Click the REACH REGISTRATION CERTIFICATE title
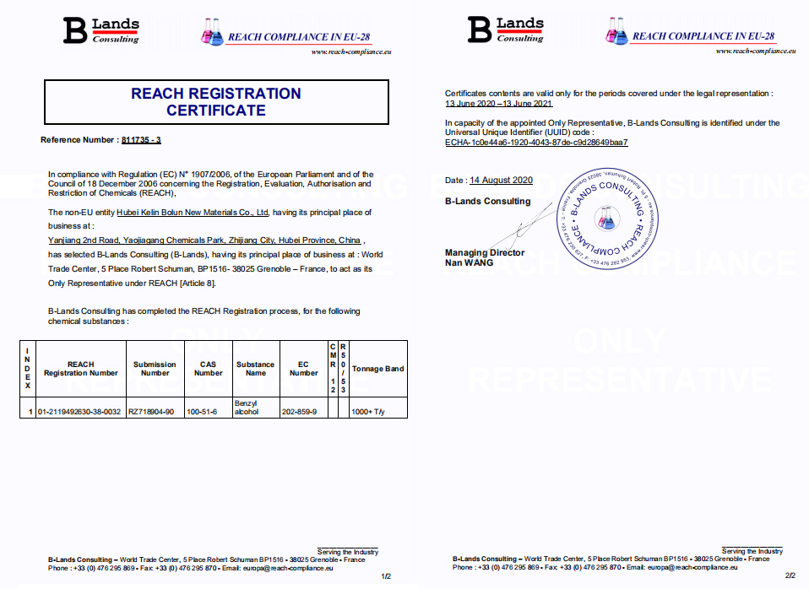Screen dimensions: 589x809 [216, 102]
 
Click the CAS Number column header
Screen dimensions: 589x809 [209, 369]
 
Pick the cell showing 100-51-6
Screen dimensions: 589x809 [203, 412]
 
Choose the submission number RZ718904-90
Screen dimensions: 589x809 [151, 412]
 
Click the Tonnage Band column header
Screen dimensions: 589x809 [378, 369]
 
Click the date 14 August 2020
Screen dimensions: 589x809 [502, 180]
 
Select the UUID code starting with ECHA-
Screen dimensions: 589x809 [536, 143]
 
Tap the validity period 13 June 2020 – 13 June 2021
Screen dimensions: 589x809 [498, 104]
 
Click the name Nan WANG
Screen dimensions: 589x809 [470, 262]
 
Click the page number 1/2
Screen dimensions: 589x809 [386, 576]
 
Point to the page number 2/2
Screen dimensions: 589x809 [790, 576]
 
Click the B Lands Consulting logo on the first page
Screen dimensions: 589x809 [101, 30]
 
